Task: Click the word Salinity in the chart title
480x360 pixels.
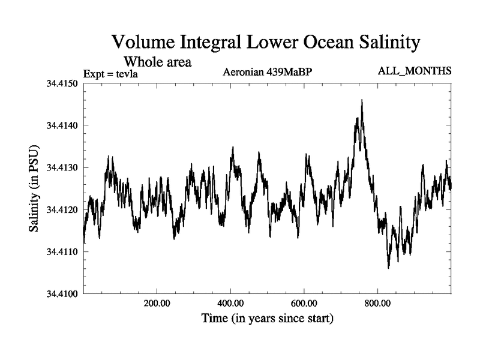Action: point(379,43)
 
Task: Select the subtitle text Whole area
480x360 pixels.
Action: point(157,61)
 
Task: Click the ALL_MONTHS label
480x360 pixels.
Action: point(415,71)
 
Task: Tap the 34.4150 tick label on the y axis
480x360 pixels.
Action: point(63,83)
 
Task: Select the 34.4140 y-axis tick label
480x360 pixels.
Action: point(63,125)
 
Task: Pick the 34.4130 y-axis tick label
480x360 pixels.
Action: point(63,167)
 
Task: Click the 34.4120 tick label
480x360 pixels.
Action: point(63,210)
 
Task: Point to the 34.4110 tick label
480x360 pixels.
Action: point(63,252)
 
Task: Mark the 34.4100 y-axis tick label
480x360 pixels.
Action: point(63,294)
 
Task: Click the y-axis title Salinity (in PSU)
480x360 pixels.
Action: point(34,188)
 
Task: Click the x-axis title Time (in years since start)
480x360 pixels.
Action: point(267,318)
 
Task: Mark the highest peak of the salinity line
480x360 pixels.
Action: point(362,101)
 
